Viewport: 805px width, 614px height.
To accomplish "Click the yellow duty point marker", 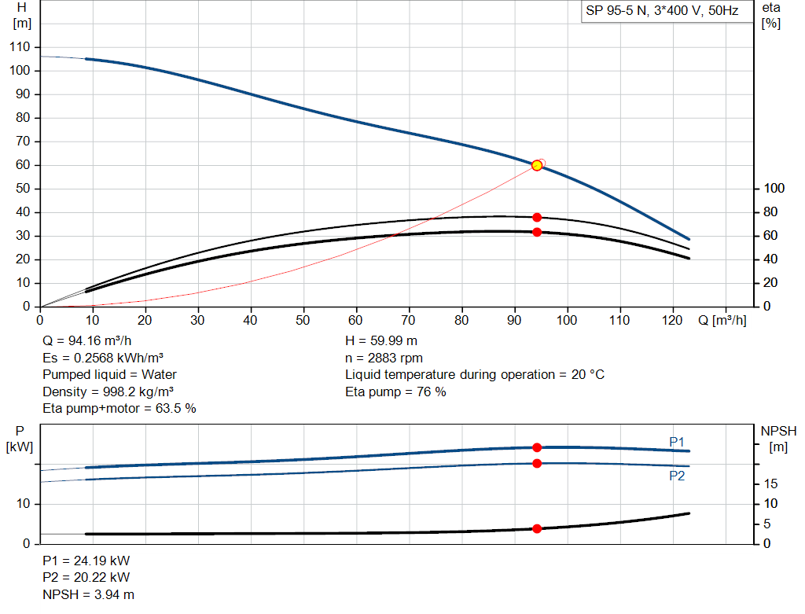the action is pyautogui.click(x=537, y=165).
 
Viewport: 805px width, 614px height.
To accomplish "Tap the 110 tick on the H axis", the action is pyautogui.click(x=20, y=46).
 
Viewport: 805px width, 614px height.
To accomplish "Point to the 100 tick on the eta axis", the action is pyautogui.click(x=774, y=189).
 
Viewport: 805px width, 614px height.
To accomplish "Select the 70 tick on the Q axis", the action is pyautogui.click(x=408, y=320).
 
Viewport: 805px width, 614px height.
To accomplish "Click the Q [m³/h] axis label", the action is pyautogui.click(x=722, y=320).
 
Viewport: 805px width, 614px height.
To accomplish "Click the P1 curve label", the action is pyautogui.click(x=677, y=442).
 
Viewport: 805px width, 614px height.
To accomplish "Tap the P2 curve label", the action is pyautogui.click(x=677, y=476).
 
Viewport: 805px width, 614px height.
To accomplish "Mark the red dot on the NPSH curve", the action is pyautogui.click(x=537, y=529).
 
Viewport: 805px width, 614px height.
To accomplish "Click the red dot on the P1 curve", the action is pyautogui.click(x=537, y=447).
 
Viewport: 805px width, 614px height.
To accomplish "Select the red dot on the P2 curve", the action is pyautogui.click(x=537, y=464).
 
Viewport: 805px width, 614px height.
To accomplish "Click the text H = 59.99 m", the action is pyautogui.click(x=381, y=341).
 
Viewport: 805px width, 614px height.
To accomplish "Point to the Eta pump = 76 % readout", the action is pyautogui.click(x=395, y=392).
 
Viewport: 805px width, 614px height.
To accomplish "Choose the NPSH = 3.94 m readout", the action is pyautogui.click(x=88, y=594).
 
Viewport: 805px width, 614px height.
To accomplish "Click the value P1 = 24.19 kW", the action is pyautogui.click(x=86, y=561).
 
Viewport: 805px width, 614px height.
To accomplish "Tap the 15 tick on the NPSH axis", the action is pyautogui.click(x=770, y=483).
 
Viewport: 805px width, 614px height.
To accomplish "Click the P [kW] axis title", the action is pyautogui.click(x=20, y=439).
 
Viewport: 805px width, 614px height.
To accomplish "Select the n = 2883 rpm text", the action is pyautogui.click(x=384, y=358).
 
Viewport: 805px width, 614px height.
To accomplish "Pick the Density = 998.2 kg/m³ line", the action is pyautogui.click(x=108, y=392).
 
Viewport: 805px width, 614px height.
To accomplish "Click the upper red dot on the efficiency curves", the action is pyautogui.click(x=537, y=218).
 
